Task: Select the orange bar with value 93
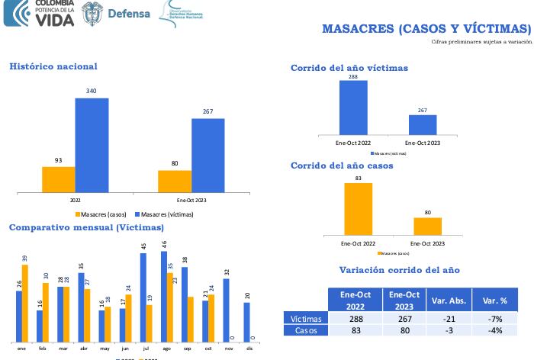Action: pos(59,178)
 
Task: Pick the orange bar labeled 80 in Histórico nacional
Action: pos(175,181)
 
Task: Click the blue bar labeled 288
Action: pos(353,107)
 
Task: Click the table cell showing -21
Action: pos(448,319)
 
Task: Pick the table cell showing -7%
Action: pos(494,319)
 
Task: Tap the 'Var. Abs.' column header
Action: pos(448,299)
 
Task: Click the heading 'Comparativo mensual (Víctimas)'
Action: pos(86,227)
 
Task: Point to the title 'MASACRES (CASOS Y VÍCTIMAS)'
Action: pos(426,29)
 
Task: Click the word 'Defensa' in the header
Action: pos(129,14)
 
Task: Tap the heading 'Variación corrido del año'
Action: pos(399,270)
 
